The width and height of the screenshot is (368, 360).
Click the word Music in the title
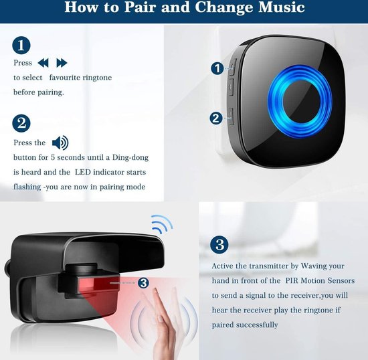pyautogui.click(x=282, y=7)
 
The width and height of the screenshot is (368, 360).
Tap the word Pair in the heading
pyautogui.click(x=142, y=7)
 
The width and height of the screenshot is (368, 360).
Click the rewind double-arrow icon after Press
pyautogui.click(x=43, y=63)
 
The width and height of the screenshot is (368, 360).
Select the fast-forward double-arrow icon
pyautogui.click(x=62, y=63)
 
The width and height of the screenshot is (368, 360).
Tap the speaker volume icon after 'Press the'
pyautogui.click(x=60, y=143)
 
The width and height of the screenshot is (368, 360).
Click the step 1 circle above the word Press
pyautogui.click(x=21, y=46)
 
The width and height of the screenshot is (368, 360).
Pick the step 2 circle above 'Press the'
pyautogui.click(x=21, y=123)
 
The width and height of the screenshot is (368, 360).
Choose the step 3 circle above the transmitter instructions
pyautogui.click(x=219, y=244)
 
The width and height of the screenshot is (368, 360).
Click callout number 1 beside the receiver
pyautogui.click(x=217, y=68)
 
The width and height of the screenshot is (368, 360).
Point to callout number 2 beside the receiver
pyautogui.click(x=216, y=118)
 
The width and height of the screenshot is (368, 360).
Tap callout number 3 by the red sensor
pyautogui.click(x=143, y=283)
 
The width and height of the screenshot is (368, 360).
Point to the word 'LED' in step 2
pyautogui.click(x=82, y=172)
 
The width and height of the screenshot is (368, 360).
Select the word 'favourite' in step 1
pyautogui.click(x=63, y=78)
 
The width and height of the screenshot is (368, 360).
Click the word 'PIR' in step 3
pyautogui.click(x=292, y=280)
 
